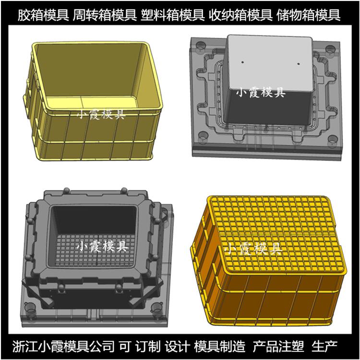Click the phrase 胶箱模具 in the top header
click(x=43, y=15)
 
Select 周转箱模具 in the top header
click(x=105, y=15)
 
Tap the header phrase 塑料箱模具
click(x=172, y=15)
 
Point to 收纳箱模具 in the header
click(x=240, y=15)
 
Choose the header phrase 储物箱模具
click(x=308, y=15)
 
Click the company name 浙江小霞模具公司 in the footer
click(x=63, y=347)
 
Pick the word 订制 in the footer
click(x=148, y=347)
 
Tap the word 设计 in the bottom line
click(x=177, y=347)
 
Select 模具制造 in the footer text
click(x=219, y=347)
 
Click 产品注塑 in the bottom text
click(x=278, y=347)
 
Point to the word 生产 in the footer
click(x=324, y=347)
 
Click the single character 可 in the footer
click(x=125, y=347)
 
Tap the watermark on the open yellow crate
click(x=101, y=114)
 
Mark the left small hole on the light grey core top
click(x=242, y=62)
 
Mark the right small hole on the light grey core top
click(x=299, y=63)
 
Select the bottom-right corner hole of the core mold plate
click(x=333, y=139)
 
